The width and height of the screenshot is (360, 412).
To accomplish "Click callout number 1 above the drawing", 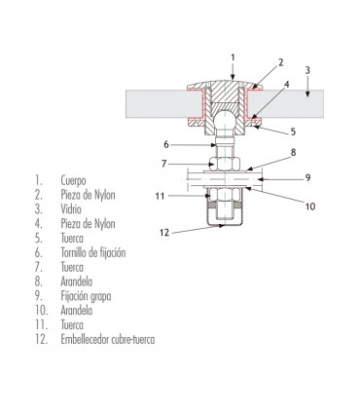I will pyautogui.click(x=233, y=57).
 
